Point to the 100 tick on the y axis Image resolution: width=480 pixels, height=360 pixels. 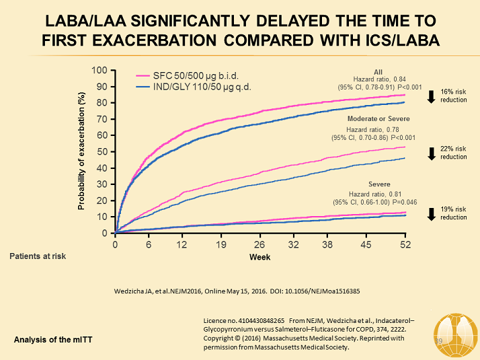[99, 70]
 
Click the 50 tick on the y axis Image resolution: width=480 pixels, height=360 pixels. [102, 151]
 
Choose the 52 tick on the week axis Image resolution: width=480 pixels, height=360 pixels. [405, 244]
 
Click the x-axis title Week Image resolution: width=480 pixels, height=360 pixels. [259, 257]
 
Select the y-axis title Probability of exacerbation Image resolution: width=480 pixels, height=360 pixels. [82, 151]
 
